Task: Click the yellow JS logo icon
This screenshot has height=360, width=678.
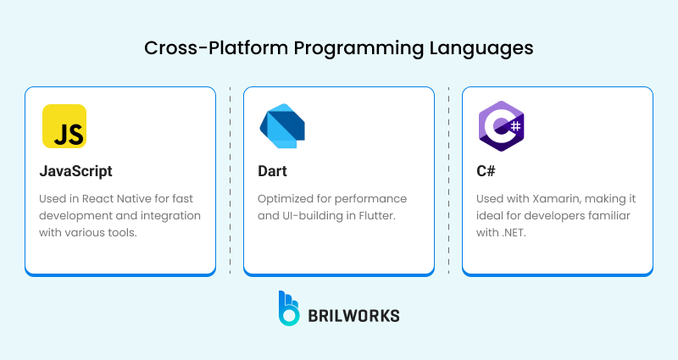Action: (64, 126)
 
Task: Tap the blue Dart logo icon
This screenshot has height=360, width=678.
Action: (282, 126)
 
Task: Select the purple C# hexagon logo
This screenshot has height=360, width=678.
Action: (500, 126)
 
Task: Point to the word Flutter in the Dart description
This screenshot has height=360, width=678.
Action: (375, 215)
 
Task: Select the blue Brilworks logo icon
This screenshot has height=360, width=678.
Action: (289, 308)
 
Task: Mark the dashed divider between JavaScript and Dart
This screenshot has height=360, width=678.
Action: (231, 180)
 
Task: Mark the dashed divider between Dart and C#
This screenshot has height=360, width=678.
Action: (448, 180)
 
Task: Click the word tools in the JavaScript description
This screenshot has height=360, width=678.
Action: (121, 231)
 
